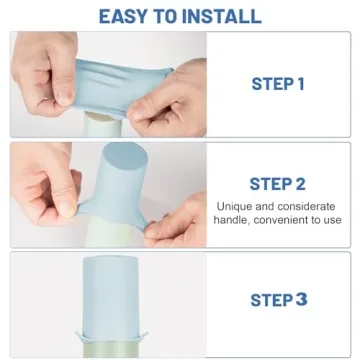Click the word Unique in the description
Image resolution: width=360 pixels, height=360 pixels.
pos(236,207)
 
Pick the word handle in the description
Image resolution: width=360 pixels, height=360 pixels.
pos(236,220)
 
